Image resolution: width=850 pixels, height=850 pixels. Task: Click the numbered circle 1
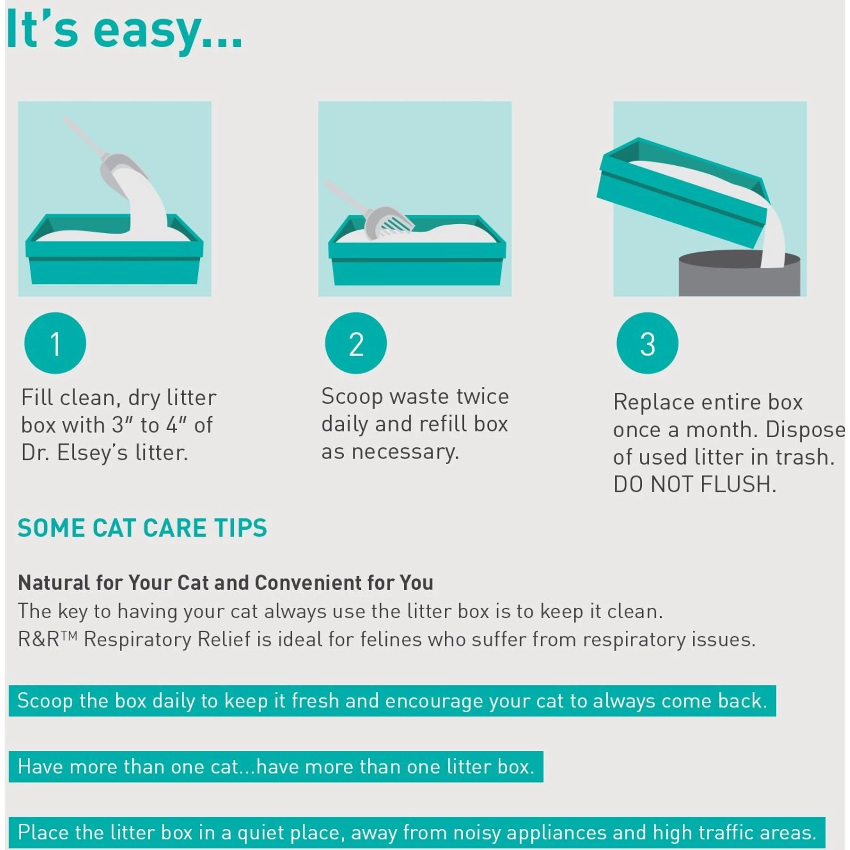click(55, 343)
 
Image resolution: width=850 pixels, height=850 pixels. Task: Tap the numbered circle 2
click(356, 343)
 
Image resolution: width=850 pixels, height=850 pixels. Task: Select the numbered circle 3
click(647, 343)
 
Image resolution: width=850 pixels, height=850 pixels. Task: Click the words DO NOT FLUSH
click(695, 484)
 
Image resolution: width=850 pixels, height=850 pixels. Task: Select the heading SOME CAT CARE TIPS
click(142, 528)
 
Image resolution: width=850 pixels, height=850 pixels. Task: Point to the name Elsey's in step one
click(92, 453)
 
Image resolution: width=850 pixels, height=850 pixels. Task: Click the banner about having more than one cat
click(276, 766)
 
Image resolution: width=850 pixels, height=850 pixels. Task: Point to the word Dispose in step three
click(805, 430)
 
